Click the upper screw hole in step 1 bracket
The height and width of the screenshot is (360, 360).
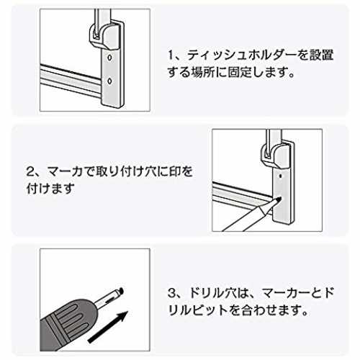coord(109,58)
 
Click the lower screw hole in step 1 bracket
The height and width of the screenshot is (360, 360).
coord(109,81)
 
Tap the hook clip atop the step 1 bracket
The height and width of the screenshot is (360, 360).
coord(105,35)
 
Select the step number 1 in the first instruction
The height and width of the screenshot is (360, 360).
coord(171,55)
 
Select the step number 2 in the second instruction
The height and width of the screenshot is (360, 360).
coord(30,172)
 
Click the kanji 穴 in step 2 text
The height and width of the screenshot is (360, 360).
coord(150,172)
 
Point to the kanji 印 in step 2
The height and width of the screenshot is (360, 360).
coord(175,172)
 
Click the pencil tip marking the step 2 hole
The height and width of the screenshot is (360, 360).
coord(278,199)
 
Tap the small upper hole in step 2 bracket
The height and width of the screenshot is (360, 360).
coord(281,176)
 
